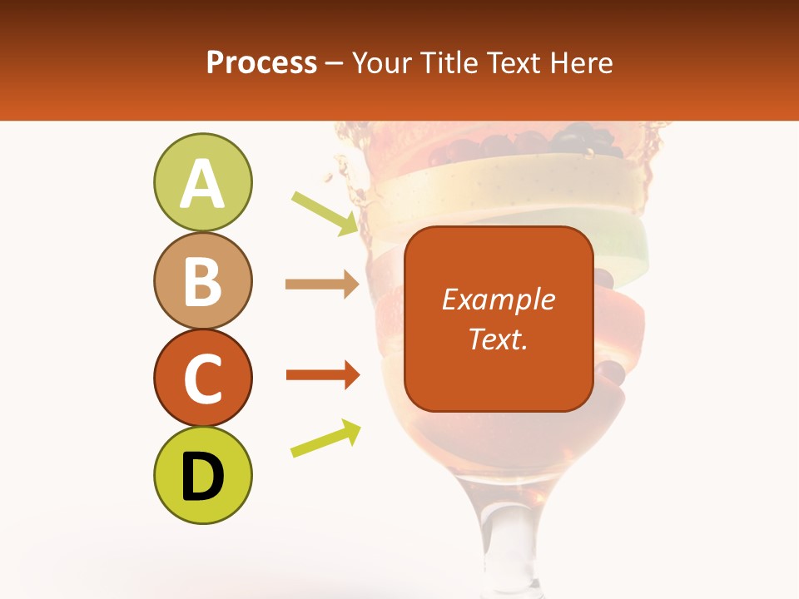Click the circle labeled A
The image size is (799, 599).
203,182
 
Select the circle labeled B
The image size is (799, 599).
203,280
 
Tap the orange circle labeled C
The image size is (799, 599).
203,378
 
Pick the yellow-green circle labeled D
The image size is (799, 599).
203,475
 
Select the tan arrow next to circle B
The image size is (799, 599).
321,285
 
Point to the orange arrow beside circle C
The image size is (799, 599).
321,375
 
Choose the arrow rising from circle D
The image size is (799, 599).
325,438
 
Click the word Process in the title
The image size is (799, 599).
261,62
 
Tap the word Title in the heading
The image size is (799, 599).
445,62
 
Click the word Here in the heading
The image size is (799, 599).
582,62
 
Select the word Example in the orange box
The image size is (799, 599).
498,299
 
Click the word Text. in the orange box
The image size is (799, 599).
498,339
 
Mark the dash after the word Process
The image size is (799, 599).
335,63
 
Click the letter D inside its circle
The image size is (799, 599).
203,477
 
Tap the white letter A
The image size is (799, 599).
203,184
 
